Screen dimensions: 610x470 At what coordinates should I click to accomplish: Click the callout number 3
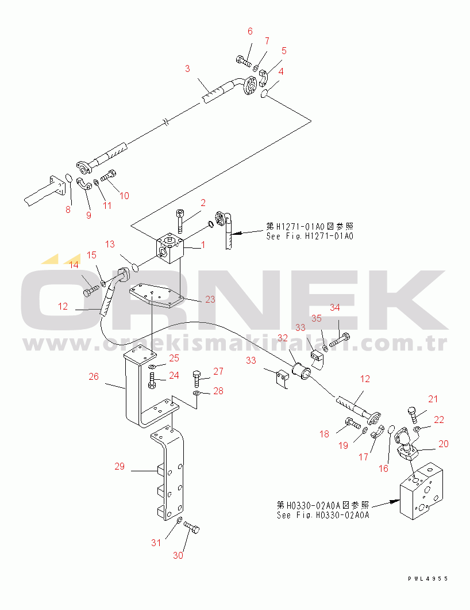(x=187, y=69)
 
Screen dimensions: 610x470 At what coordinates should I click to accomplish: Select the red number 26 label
(x=94, y=377)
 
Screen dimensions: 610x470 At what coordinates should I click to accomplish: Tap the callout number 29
(x=120, y=466)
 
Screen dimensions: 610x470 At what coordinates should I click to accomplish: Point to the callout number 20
(x=444, y=444)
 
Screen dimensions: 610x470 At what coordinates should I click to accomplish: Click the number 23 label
(x=210, y=299)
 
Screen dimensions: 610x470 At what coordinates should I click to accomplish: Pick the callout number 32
(x=283, y=337)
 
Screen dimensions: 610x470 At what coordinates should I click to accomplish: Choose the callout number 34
(x=335, y=307)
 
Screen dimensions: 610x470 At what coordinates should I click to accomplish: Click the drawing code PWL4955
(x=428, y=579)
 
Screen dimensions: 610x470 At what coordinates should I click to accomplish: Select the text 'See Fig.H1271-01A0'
(x=309, y=236)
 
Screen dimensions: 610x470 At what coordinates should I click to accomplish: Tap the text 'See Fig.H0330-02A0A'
(x=322, y=515)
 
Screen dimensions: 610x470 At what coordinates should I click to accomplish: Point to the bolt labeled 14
(x=91, y=292)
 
